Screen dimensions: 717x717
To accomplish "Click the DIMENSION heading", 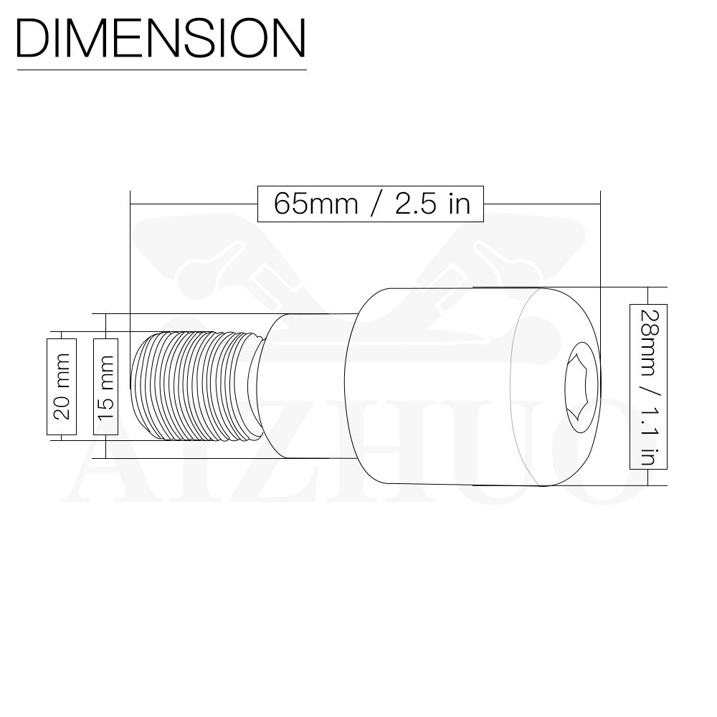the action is (x=161, y=38).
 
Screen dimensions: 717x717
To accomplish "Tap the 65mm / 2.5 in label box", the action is (x=371, y=204).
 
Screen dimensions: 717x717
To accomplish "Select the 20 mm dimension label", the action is (x=62, y=387).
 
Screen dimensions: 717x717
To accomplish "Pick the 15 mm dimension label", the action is (x=105, y=387).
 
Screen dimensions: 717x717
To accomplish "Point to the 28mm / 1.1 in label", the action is (x=648, y=387).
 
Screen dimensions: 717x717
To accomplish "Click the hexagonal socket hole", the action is (x=581, y=387).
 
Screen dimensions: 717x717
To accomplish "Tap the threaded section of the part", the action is (x=196, y=386).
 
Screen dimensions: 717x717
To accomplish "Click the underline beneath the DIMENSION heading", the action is (x=162, y=70).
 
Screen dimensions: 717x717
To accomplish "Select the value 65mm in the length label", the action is (x=316, y=204).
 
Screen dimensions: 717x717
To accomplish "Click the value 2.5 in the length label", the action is (x=416, y=204).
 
